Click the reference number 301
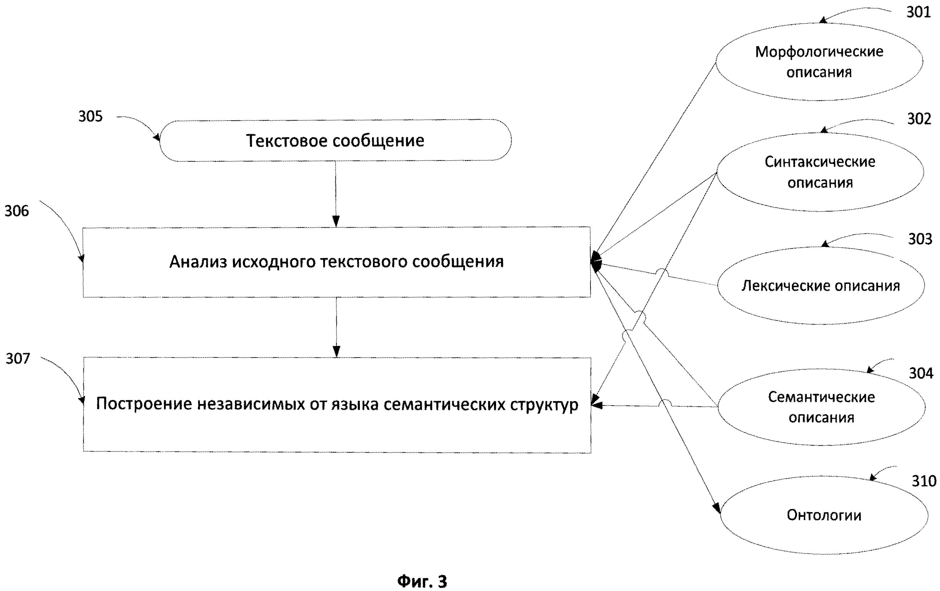[918, 12]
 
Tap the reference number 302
[919, 119]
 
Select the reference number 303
[920, 239]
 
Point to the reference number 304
[921, 373]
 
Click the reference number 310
[924, 481]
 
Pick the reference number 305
[91, 116]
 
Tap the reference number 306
[17, 211]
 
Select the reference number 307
[17, 359]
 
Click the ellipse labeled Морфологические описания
[819, 62]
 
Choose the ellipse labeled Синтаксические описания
[820, 172]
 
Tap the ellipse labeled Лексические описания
[821, 286]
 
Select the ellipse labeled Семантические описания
[821, 407]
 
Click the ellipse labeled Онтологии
[824, 515]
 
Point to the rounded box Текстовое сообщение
[335, 141]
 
